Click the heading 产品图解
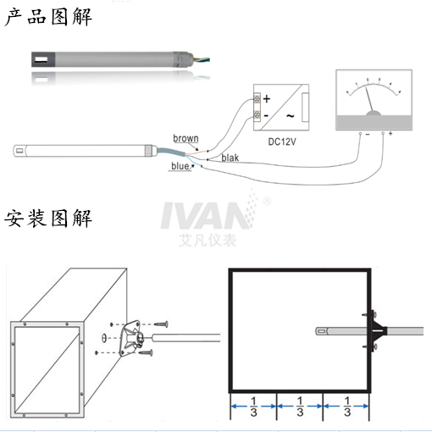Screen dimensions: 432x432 [47, 15]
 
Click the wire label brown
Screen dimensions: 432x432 [186, 138]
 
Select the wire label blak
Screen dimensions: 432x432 [230, 158]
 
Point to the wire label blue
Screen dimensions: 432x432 [180, 167]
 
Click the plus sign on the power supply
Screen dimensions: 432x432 [266, 99]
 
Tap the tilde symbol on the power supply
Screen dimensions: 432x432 [289, 115]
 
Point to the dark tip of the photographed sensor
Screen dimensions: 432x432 [42, 59]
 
